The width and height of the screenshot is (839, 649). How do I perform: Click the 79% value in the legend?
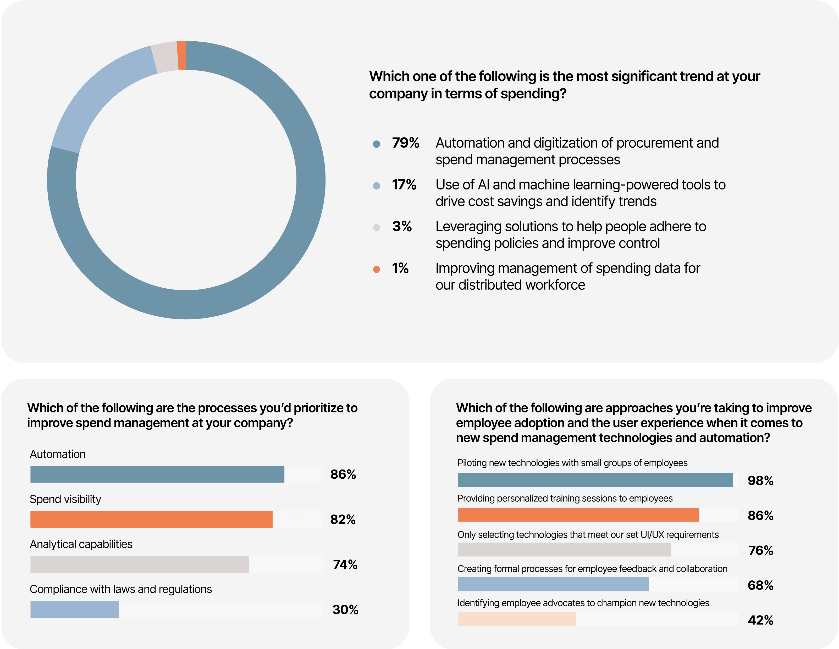[x=405, y=143]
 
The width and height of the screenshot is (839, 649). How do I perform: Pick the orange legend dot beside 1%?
[x=377, y=269]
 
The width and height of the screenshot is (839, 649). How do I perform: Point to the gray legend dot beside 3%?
[x=377, y=227]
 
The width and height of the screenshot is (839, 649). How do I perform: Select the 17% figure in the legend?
[x=404, y=185]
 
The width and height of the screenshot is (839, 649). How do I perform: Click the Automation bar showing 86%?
[x=157, y=474]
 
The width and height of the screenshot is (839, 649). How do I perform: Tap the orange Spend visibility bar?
[x=151, y=519]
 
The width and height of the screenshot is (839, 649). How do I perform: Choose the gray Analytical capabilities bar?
[x=140, y=564]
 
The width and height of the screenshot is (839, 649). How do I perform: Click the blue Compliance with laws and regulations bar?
[x=75, y=609]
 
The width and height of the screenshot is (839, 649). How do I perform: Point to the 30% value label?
[x=345, y=609]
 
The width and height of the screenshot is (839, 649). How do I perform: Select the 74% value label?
[x=345, y=564]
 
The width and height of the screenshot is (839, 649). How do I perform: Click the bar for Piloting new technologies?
[x=595, y=480]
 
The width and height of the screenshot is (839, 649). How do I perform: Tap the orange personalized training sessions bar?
[x=578, y=515]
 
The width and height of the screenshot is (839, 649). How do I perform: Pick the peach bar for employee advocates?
[x=516, y=619]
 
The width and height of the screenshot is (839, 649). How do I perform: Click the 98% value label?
[x=760, y=480]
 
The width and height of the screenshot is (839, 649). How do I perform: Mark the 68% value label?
[x=760, y=585]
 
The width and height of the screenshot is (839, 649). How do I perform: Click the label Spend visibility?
[x=65, y=499]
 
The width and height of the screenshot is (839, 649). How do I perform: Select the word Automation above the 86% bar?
[x=58, y=454]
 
